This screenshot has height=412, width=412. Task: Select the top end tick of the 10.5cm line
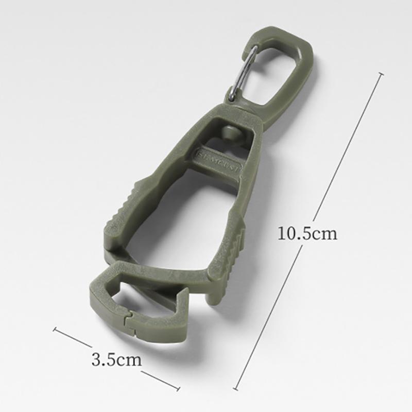point(381,74)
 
